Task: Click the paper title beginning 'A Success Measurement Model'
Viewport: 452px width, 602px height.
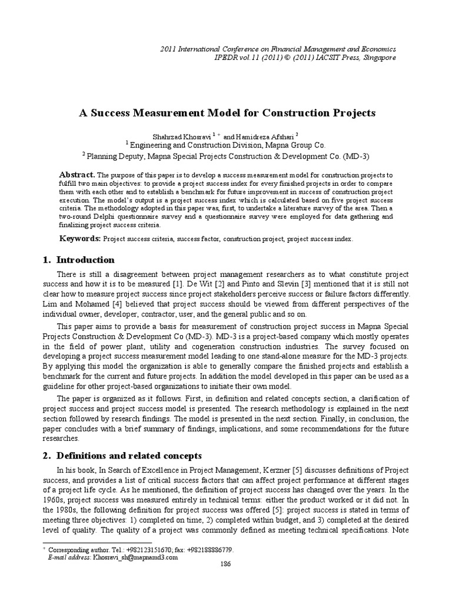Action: tap(227, 112)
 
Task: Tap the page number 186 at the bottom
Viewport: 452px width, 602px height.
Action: tap(225, 563)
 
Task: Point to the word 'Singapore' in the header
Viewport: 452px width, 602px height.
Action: tap(377, 58)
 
